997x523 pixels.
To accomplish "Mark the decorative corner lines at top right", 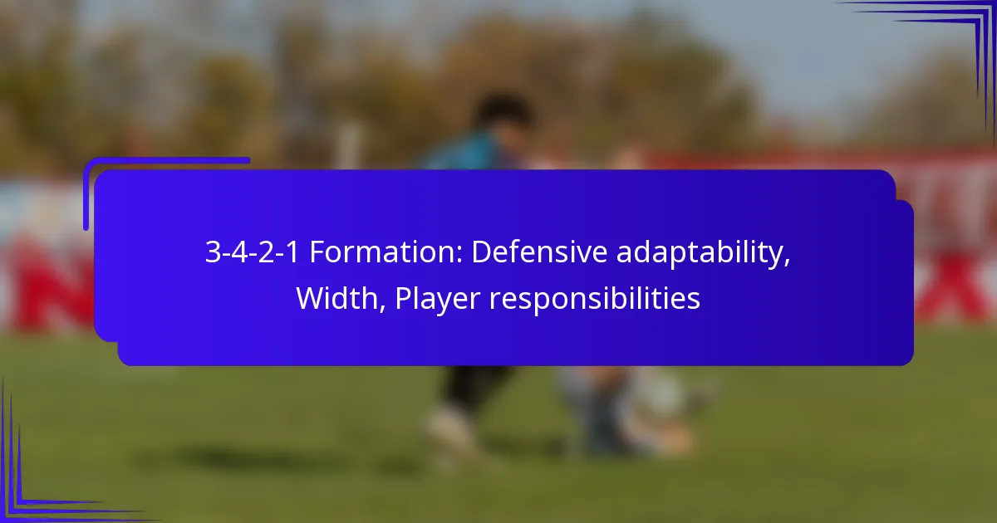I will (x=955, y=42).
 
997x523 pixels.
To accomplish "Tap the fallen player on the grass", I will (x=631, y=407).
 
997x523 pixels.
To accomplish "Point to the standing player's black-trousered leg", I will (x=465, y=386).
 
